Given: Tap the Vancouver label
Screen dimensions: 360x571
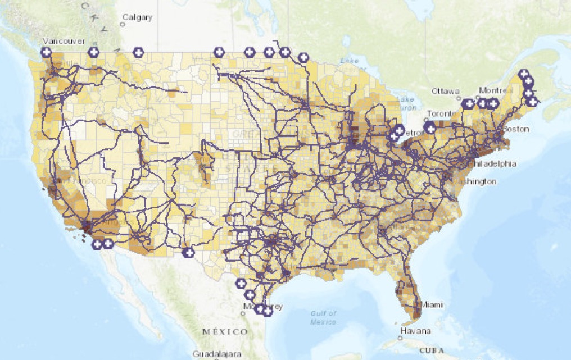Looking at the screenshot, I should coord(64,41).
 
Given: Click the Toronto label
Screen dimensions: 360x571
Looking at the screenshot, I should coord(439,113).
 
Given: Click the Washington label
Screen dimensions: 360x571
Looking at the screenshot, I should coord(476,181).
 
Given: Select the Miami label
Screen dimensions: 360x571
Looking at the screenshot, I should coord(431,304).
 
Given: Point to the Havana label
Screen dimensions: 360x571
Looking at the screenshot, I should coord(416,331).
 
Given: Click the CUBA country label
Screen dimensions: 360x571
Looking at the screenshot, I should coord(436,350).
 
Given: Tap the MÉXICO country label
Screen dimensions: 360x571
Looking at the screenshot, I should coord(225,332).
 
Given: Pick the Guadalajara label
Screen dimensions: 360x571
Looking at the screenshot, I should coord(217,354).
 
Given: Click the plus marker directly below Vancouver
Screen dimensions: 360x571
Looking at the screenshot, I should coord(46,52).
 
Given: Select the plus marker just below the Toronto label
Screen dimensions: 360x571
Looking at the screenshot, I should coord(430,129).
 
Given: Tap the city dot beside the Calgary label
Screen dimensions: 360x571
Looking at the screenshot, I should coord(124,24).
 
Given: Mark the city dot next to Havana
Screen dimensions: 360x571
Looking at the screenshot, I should coord(401,323).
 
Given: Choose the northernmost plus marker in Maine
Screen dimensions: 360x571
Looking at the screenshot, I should coord(524,74).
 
